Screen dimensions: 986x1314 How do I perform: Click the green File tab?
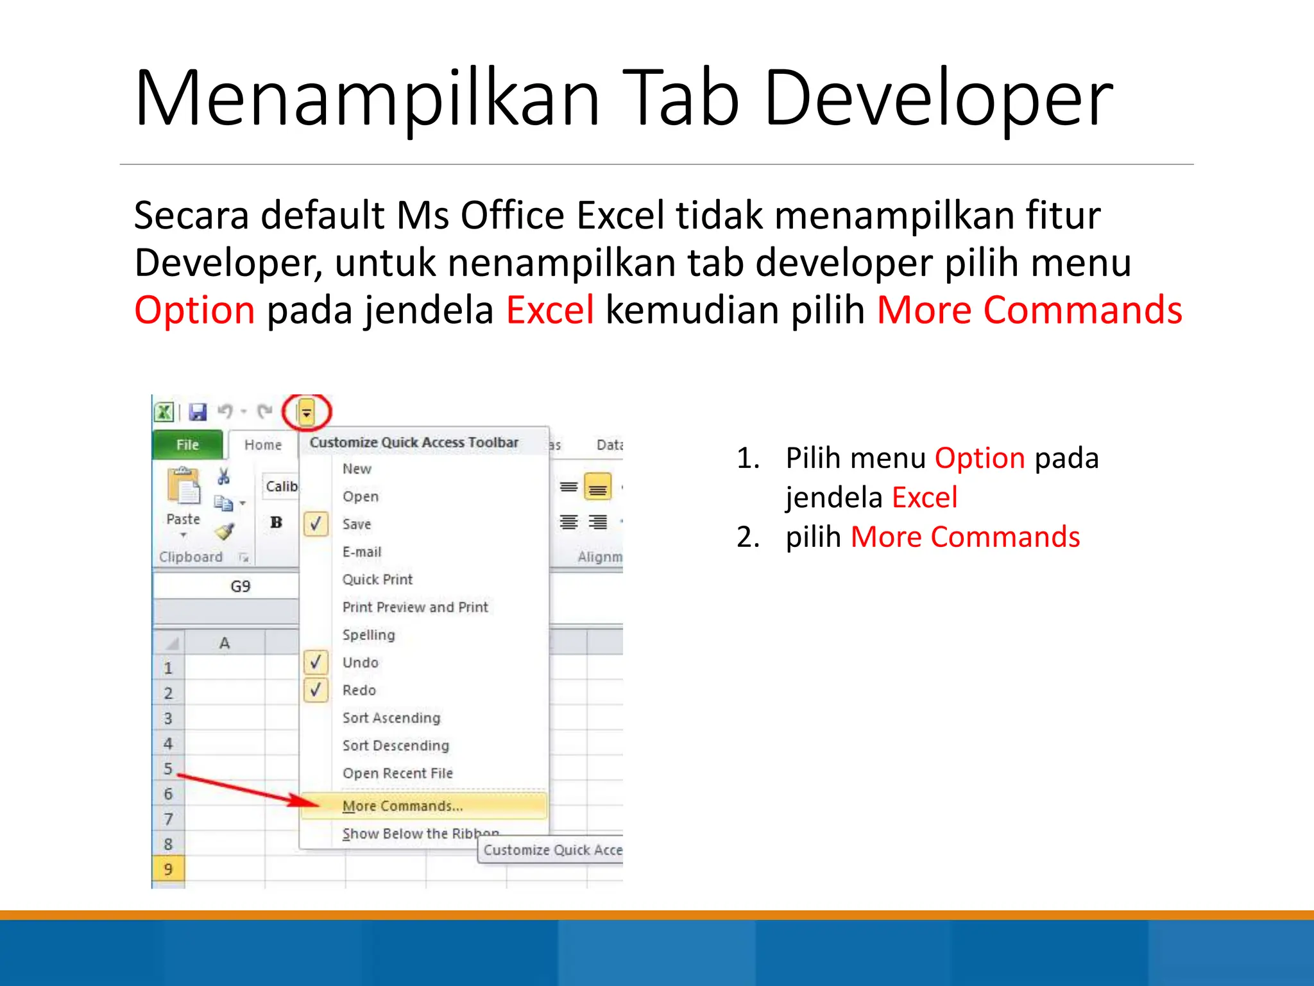[187, 444]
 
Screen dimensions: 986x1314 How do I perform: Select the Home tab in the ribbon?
[262, 444]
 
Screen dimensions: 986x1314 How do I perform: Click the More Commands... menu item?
[402, 806]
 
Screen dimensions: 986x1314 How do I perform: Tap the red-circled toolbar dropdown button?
[307, 412]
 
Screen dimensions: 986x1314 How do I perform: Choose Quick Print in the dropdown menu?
[377, 579]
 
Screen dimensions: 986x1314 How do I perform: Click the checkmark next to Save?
[316, 524]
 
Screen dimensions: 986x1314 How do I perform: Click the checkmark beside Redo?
[316, 690]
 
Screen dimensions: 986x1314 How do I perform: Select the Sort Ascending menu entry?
[391, 718]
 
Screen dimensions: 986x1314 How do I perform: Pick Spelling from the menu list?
[368, 635]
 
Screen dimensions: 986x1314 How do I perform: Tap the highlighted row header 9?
[168, 869]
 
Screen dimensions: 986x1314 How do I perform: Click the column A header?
[225, 643]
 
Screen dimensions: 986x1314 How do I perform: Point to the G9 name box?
[240, 586]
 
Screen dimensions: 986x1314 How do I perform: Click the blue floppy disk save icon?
[198, 411]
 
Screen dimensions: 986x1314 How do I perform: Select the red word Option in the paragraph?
[194, 310]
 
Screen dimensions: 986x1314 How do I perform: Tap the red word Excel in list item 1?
[924, 497]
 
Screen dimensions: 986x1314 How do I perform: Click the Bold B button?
[277, 523]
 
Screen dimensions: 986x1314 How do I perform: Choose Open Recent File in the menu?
[397, 773]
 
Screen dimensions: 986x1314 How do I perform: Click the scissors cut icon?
[223, 476]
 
